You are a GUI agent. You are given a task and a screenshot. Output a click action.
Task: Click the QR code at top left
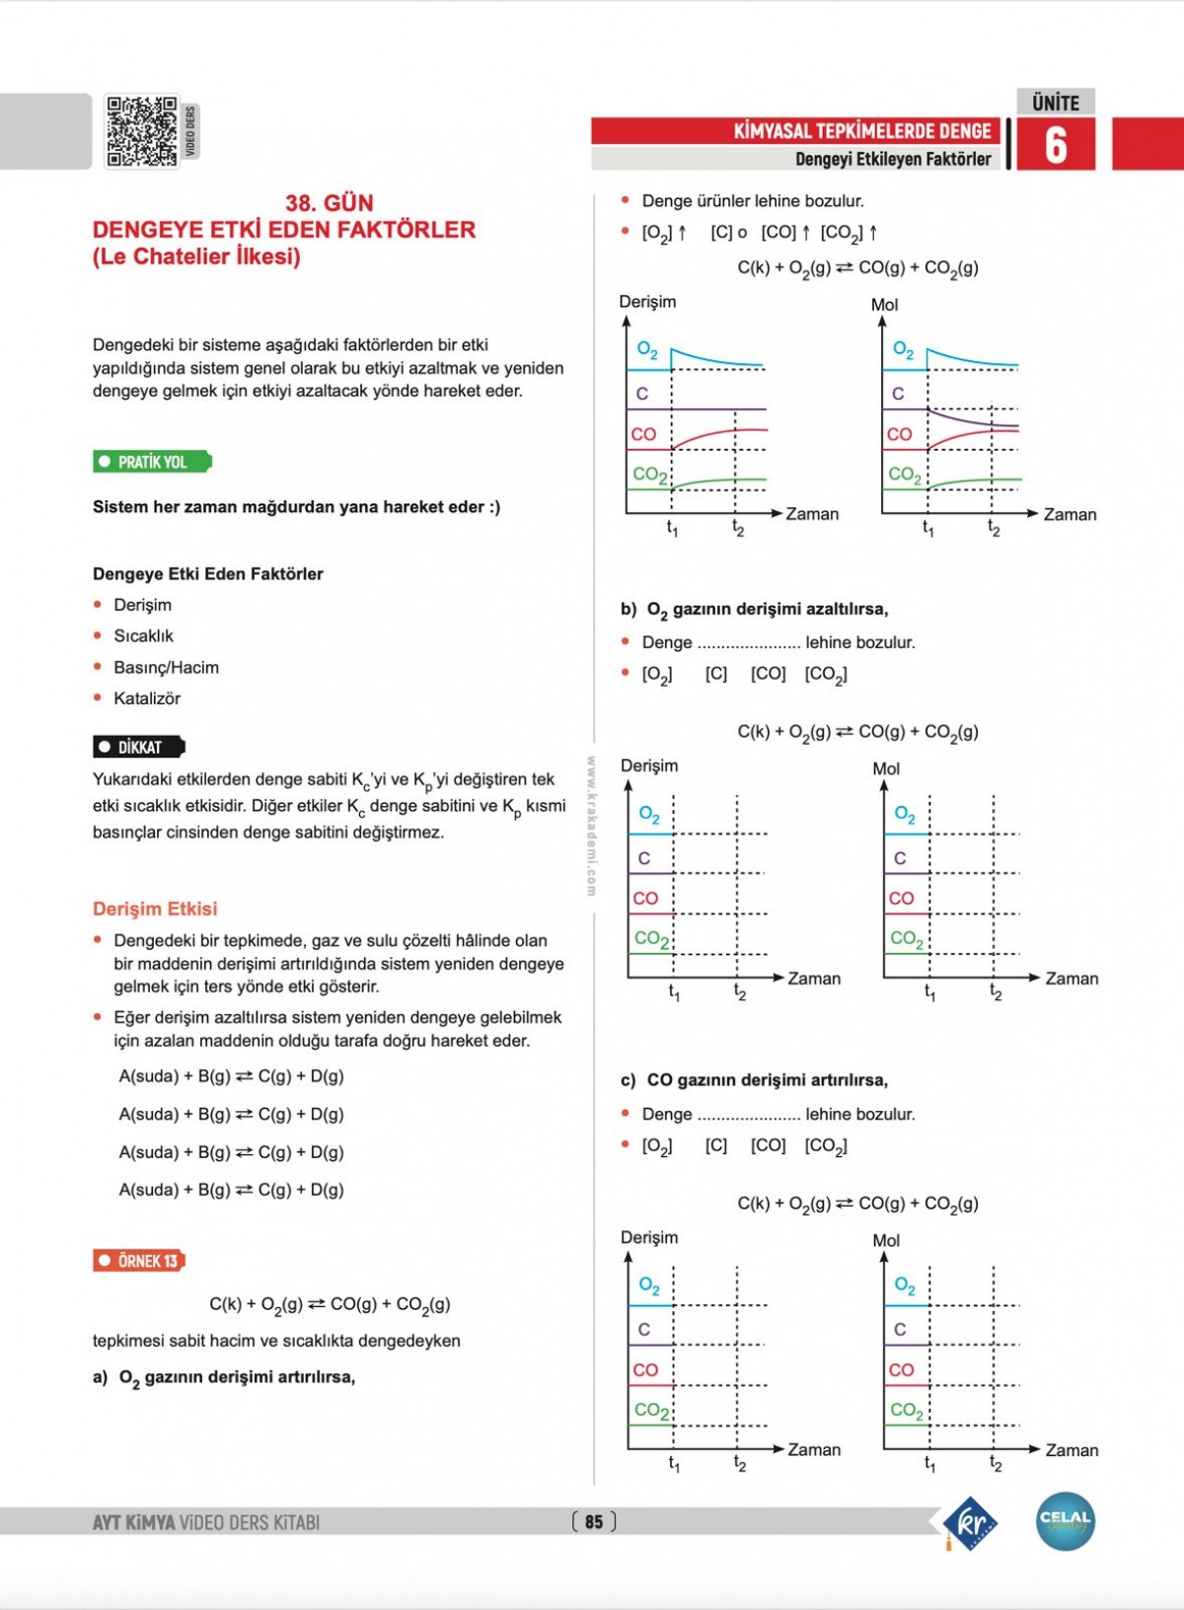[142, 131]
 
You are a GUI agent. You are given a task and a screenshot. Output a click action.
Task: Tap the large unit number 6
[1056, 145]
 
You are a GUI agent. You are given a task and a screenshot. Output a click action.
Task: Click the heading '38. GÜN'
[330, 203]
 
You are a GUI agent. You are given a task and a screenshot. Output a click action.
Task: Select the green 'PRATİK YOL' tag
[152, 462]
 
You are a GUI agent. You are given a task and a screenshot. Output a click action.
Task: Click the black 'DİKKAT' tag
[139, 747]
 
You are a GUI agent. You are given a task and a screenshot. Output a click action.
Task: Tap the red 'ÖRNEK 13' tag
[139, 1261]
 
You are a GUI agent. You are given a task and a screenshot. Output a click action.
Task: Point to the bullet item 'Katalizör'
[147, 698]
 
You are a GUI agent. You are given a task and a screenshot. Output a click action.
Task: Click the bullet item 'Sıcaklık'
[143, 636]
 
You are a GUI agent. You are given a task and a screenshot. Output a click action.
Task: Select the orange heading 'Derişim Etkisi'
[155, 909]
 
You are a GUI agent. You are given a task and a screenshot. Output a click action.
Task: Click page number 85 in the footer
[594, 1522]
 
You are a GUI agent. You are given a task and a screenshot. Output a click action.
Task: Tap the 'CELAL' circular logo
[1066, 1520]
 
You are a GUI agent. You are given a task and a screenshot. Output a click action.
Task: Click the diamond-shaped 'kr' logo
[971, 1522]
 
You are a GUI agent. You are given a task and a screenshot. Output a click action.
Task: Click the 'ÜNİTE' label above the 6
[1056, 103]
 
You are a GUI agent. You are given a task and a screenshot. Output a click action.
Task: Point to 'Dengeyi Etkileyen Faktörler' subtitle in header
[893, 159]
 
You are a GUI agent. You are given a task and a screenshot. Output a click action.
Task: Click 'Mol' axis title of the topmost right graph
[885, 305]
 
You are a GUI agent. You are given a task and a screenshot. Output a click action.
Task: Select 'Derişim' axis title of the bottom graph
[649, 1237]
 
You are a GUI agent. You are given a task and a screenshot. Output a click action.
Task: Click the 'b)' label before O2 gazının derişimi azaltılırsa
[629, 609]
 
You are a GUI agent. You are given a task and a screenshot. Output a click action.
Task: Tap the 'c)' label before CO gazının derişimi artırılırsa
[629, 1080]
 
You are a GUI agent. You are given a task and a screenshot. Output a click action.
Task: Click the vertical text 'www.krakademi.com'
[591, 826]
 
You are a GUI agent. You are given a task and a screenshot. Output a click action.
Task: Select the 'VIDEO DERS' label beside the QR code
[190, 131]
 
